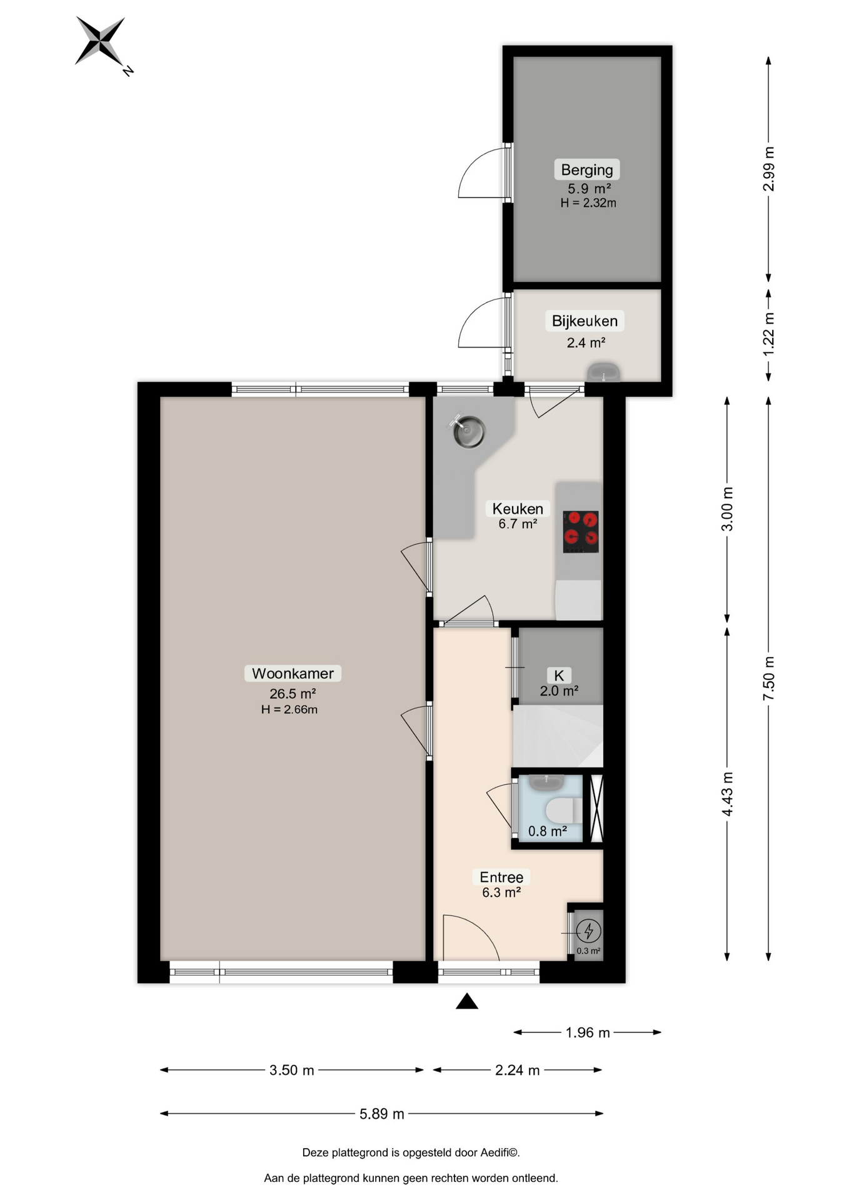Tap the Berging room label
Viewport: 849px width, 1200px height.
586,170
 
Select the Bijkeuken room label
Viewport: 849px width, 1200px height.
585,321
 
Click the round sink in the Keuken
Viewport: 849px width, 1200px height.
469,432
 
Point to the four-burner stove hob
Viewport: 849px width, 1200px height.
581,532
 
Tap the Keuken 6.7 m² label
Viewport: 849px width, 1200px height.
518,516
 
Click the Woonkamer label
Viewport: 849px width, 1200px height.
293,674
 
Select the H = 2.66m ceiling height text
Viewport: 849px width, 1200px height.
289,709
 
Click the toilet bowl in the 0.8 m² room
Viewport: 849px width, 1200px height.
560,811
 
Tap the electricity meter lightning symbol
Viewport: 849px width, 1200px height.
588,931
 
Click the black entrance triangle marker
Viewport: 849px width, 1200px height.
466,1002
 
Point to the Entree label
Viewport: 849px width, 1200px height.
501,877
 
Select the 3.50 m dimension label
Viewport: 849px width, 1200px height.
292,1070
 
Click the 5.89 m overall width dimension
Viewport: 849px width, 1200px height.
381,1114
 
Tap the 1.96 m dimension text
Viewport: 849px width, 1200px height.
588,1032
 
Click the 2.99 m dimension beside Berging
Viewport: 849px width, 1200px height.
768,169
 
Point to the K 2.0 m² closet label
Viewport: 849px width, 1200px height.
559,682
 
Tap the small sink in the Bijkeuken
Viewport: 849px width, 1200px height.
603,373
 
